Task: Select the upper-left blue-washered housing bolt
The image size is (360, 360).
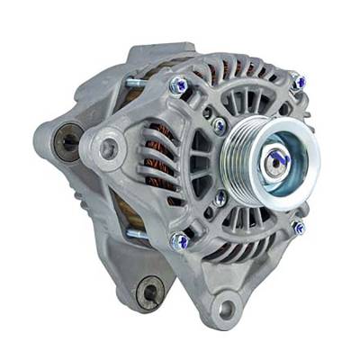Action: pyautogui.click(x=178, y=86)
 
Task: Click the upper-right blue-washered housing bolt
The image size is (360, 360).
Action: pyautogui.click(x=298, y=83)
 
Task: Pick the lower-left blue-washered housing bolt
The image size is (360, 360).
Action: pyautogui.click(x=180, y=241)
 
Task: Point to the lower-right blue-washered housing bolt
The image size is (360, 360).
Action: pyautogui.click(x=298, y=228)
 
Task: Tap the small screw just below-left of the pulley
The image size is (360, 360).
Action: pyautogui.click(x=220, y=197)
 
